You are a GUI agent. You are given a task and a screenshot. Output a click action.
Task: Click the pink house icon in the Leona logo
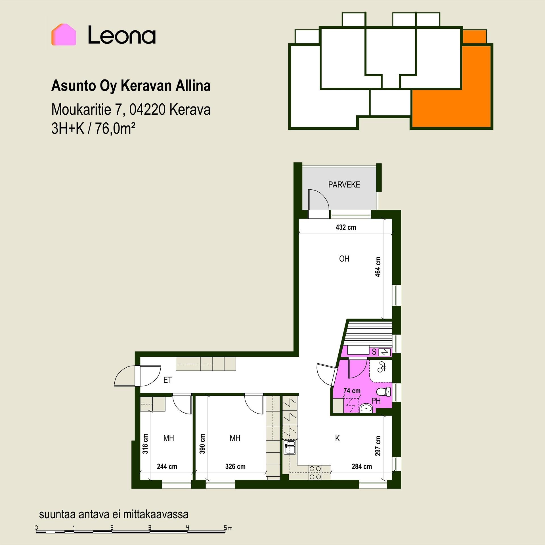64,35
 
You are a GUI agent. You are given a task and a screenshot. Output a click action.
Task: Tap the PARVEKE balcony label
344,185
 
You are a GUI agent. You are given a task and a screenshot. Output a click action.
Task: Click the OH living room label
344,259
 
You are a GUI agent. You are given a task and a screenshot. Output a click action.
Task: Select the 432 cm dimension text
346,227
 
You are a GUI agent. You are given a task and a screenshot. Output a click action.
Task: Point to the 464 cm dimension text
378,267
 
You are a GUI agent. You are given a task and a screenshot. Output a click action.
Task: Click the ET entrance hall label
167,380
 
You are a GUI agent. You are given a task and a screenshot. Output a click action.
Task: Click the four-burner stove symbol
315,473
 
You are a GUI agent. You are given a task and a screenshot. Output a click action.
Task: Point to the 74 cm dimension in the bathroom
352,391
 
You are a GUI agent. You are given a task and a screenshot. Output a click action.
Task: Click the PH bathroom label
376,401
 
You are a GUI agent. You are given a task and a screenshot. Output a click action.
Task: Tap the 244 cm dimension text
167,466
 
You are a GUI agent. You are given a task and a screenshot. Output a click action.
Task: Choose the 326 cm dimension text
235,466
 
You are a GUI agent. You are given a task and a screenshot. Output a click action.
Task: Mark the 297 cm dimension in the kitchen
378,446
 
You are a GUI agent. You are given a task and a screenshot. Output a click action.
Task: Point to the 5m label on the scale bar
228,528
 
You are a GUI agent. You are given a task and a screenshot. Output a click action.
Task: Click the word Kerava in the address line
190,110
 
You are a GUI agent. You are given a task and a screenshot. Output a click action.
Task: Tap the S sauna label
374,352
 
